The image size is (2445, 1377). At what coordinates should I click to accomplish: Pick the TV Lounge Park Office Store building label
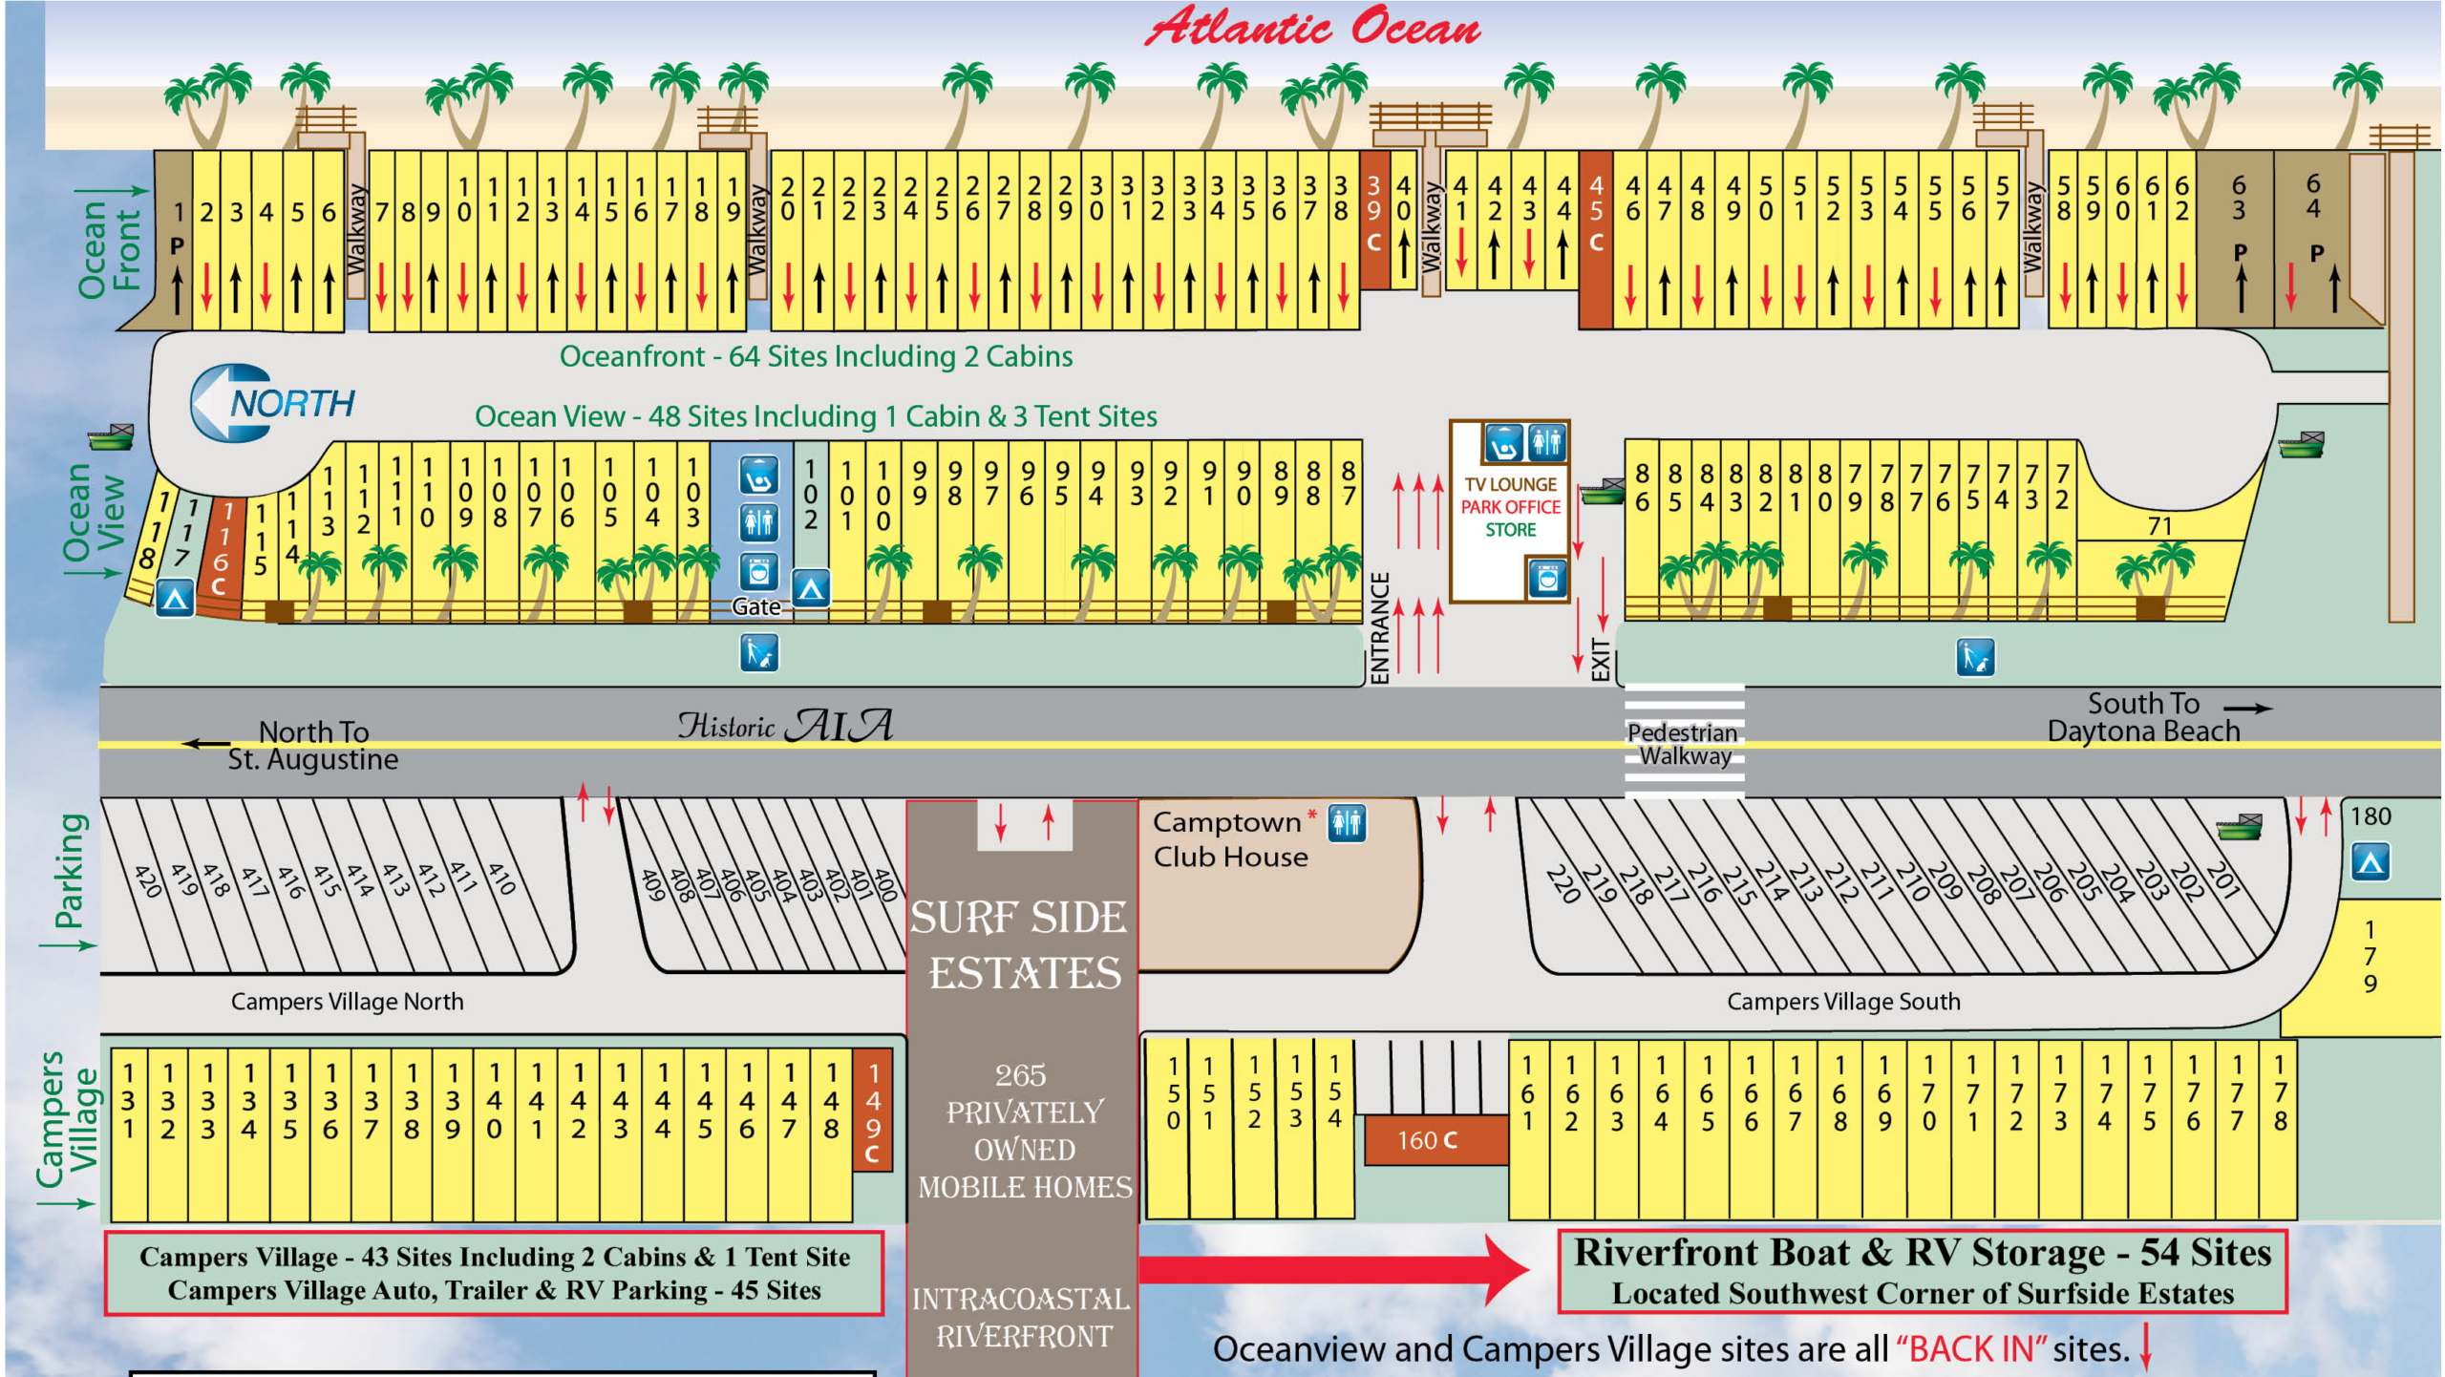[x=1510, y=507]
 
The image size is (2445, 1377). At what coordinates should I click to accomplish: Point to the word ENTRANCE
[x=1379, y=627]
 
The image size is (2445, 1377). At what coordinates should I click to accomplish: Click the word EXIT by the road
[x=1600, y=659]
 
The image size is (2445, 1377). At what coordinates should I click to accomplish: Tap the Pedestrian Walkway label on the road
[x=1683, y=744]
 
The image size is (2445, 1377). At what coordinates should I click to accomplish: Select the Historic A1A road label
[x=785, y=726]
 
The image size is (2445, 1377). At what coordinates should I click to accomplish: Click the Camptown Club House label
[x=1229, y=839]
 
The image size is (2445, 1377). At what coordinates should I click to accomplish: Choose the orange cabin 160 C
[x=1428, y=1140]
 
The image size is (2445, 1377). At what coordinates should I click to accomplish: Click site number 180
[x=2370, y=816]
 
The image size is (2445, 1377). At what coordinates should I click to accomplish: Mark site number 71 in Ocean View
[x=2159, y=526]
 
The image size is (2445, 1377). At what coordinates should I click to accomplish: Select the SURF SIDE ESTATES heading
[x=1022, y=945]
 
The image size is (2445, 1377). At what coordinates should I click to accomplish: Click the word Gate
[x=755, y=607]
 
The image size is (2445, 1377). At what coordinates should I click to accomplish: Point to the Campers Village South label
[x=1843, y=1001]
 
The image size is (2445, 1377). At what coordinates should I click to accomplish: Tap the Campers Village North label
[x=347, y=1001]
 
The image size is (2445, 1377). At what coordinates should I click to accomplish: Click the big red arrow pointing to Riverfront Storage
[x=1337, y=1268]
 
